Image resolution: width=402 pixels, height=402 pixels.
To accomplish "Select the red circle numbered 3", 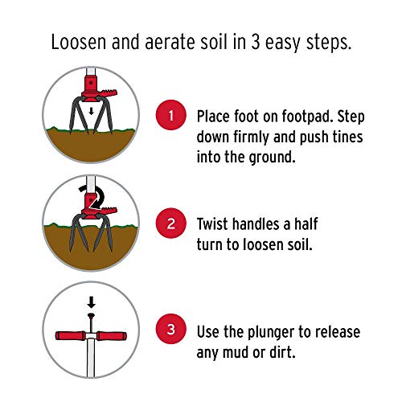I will (171, 330).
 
